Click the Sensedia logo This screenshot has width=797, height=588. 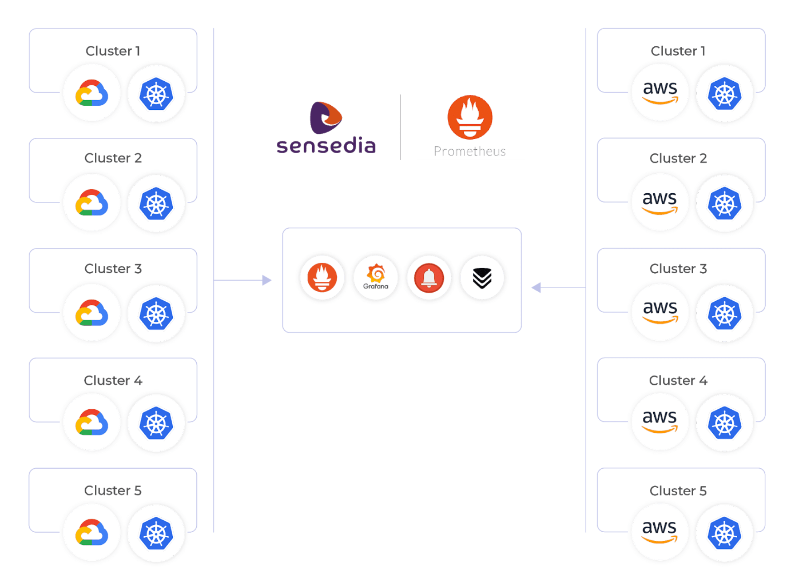coord(326,127)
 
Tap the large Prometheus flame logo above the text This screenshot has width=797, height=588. coord(470,117)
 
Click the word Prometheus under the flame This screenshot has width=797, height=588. coord(469,152)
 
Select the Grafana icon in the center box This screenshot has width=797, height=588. coord(376,277)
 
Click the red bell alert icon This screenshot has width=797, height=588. coord(428,278)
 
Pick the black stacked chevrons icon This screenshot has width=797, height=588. coord(482,278)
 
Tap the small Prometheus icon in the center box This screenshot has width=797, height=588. coord(322,277)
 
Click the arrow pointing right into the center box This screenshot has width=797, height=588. coord(266,280)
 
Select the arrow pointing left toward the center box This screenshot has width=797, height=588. coord(537,288)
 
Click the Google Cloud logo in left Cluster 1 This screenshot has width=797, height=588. coord(92,93)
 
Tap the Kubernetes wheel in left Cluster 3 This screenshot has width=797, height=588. coord(156,314)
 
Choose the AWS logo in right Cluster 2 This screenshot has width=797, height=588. coord(660,202)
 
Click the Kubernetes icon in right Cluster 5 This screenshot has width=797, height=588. coord(724,533)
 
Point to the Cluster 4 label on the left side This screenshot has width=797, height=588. coord(113,380)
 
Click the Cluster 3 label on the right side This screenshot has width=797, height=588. coord(678,269)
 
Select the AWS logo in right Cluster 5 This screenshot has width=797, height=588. coord(660,531)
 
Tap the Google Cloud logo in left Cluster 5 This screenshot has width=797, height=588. coord(92,533)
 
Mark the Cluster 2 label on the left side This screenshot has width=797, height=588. coord(113,158)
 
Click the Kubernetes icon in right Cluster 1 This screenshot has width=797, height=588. coord(724,94)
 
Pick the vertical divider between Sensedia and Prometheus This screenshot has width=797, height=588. coord(400,127)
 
